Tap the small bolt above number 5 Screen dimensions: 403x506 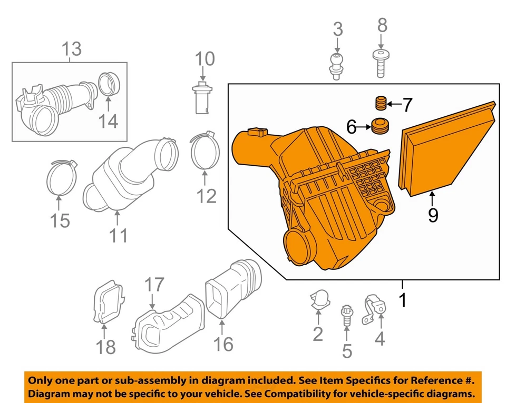click(346, 314)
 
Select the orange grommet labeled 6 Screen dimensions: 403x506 click(379, 127)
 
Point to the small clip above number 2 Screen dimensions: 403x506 click(318, 299)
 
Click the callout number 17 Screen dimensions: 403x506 click(154, 285)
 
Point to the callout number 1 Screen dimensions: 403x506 click(403, 300)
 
